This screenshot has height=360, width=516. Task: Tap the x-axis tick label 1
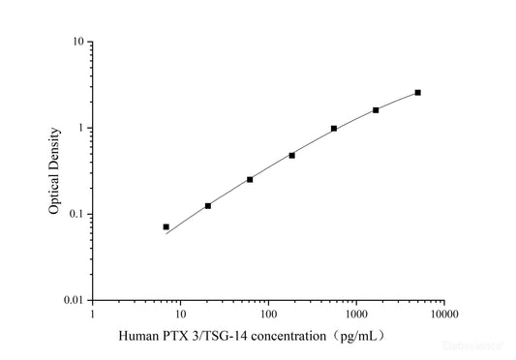(x=93, y=314)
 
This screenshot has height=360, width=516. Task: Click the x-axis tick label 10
(x=180, y=314)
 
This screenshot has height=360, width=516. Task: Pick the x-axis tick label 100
(x=268, y=314)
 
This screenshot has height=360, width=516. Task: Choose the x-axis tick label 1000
(x=356, y=314)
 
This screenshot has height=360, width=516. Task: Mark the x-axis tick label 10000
(x=444, y=314)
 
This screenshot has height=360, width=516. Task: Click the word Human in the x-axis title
(x=138, y=337)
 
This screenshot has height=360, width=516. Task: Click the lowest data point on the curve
(x=166, y=226)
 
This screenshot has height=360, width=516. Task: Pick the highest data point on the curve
(x=417, y=92)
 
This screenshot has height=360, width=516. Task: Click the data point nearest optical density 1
(x=334, y=128)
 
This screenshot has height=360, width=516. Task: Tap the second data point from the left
(x=207, y=205)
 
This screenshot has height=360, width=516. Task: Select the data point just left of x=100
(x=250, y=179)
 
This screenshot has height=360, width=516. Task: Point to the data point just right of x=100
(x=291, y=155)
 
